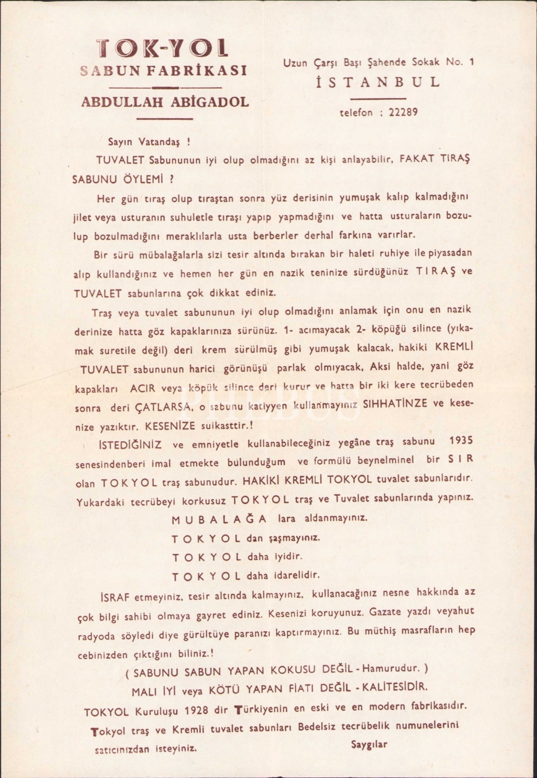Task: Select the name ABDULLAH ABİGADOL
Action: [165, 102]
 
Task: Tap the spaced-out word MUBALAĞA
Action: [219, 519]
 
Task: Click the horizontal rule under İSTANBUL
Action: [378, 98]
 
